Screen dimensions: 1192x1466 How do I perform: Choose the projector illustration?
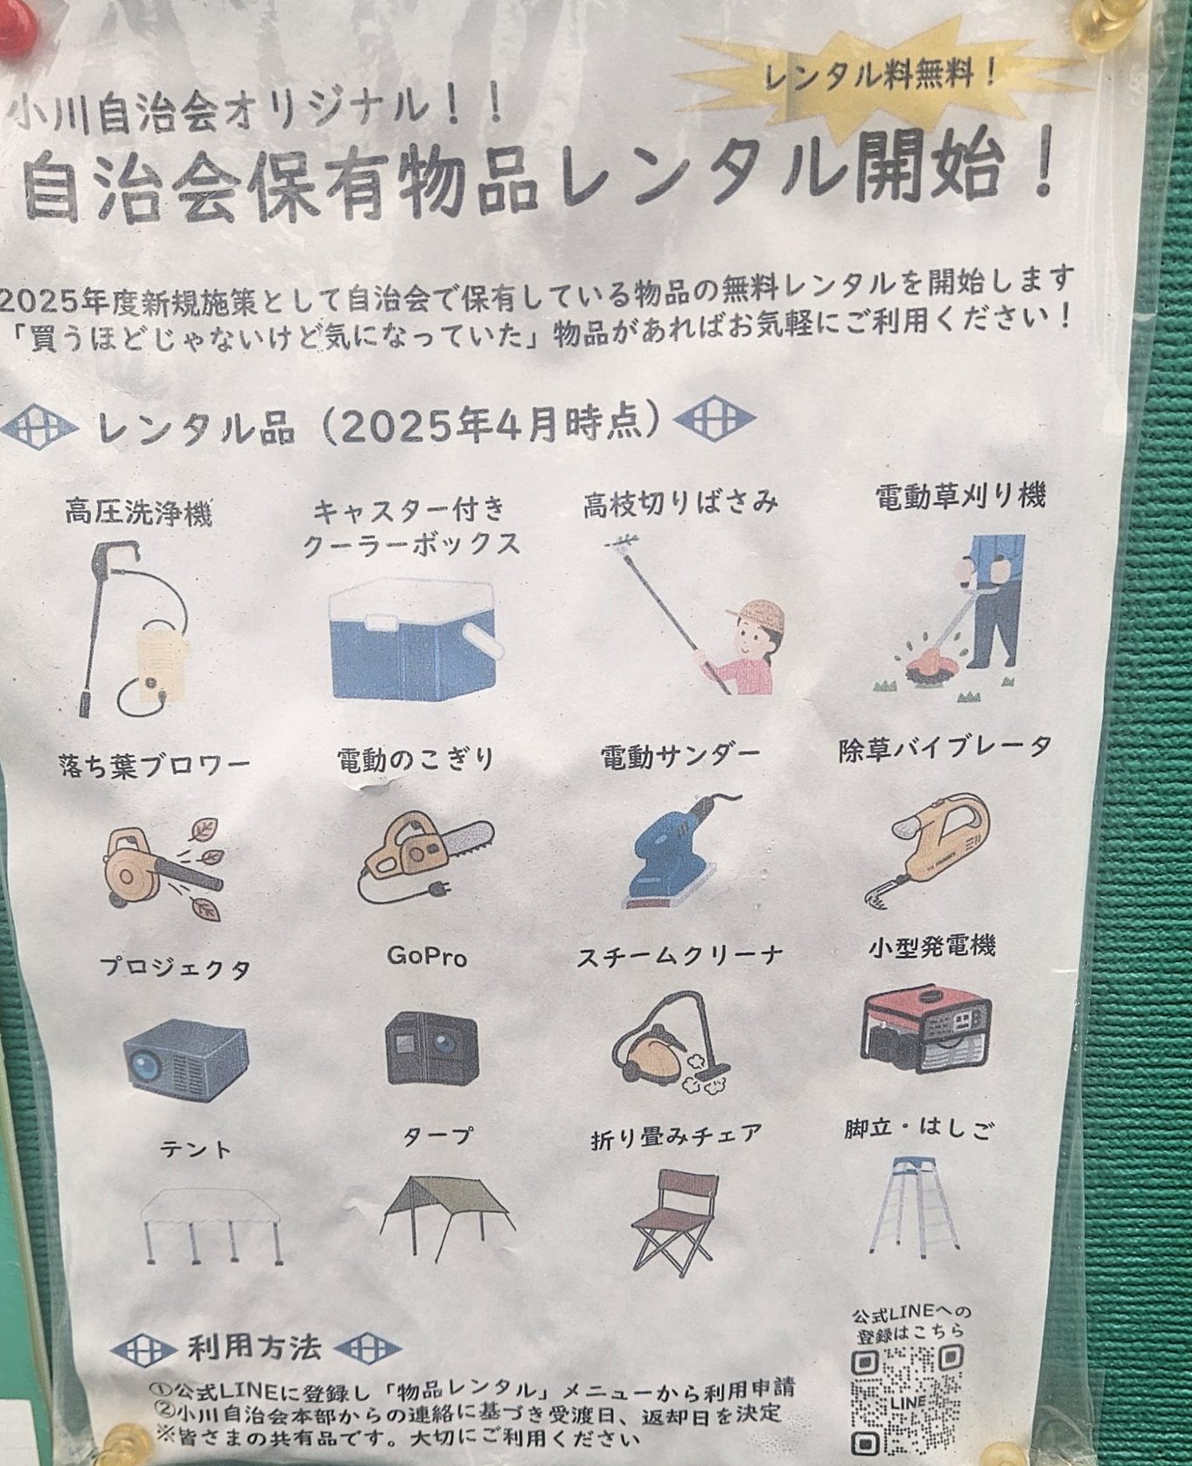point(185,1059)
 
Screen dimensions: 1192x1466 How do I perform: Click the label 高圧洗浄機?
point(138,512)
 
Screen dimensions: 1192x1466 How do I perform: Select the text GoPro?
point(427,956)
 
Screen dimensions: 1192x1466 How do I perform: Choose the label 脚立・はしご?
point(919,1128)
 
